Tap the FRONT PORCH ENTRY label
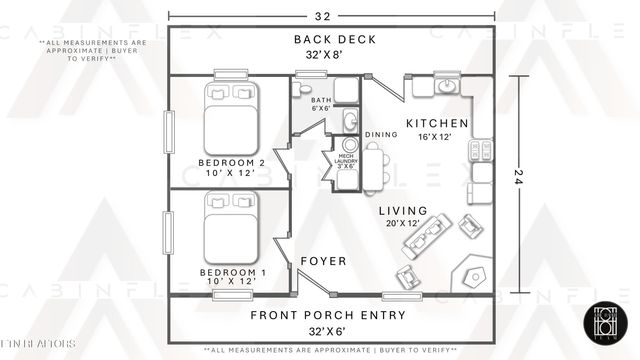(x=328, y=315)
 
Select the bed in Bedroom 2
(x=232, y=116)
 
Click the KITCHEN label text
(x=436, y=123)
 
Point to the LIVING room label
(x=403, y=211)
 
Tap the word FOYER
(x=324, y=261)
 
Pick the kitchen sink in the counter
(x=447, y=87)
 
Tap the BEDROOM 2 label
(x=231, y=162)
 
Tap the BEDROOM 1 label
(x=231, y=272)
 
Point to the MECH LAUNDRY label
(x=346, y=160)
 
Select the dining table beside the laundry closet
(x=373, y=167)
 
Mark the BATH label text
(x=320, y=100)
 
